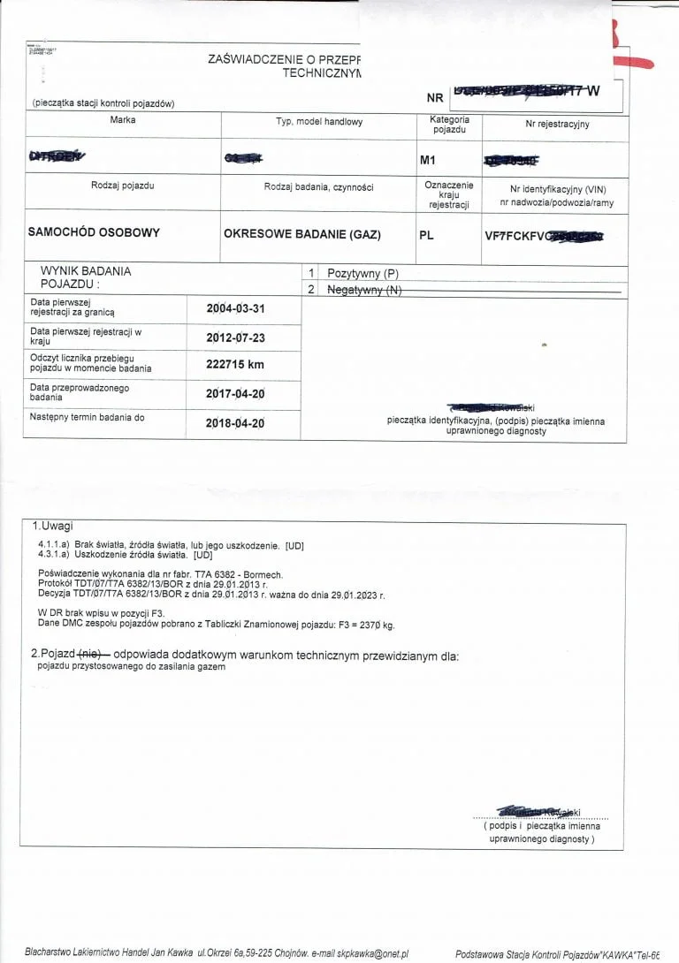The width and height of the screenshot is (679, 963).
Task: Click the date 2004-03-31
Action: [235, 308]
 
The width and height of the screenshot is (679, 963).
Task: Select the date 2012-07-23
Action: [235, 337]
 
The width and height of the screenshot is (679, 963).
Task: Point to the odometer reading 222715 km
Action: [235, 364]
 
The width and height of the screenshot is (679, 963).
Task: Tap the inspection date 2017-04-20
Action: [235, 394]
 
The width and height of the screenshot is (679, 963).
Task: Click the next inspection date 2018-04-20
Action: [235, 422]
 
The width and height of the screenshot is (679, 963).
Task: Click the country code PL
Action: [426, 236]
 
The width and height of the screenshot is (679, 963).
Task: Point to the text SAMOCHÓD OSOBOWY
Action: [94, 232]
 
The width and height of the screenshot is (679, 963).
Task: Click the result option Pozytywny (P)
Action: [363, 274]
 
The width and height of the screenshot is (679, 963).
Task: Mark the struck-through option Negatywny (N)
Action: [364, 289]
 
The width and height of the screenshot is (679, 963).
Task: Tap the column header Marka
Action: [123, 120]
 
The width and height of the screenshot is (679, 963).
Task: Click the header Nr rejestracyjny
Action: [557, 124]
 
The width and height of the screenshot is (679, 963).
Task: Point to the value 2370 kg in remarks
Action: [375, 625]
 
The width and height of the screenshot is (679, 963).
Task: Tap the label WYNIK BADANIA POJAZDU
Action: [85, 278]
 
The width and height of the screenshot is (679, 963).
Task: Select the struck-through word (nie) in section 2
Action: [92, 655]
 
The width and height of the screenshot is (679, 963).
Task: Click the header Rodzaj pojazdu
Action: [122, 186]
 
